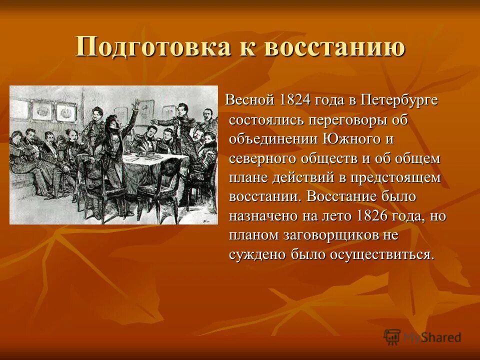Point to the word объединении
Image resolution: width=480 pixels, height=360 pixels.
pos(271,138)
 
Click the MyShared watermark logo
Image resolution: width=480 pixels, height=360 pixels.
pos(422,336)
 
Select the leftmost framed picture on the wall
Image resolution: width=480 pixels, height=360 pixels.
pos(42,112)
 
